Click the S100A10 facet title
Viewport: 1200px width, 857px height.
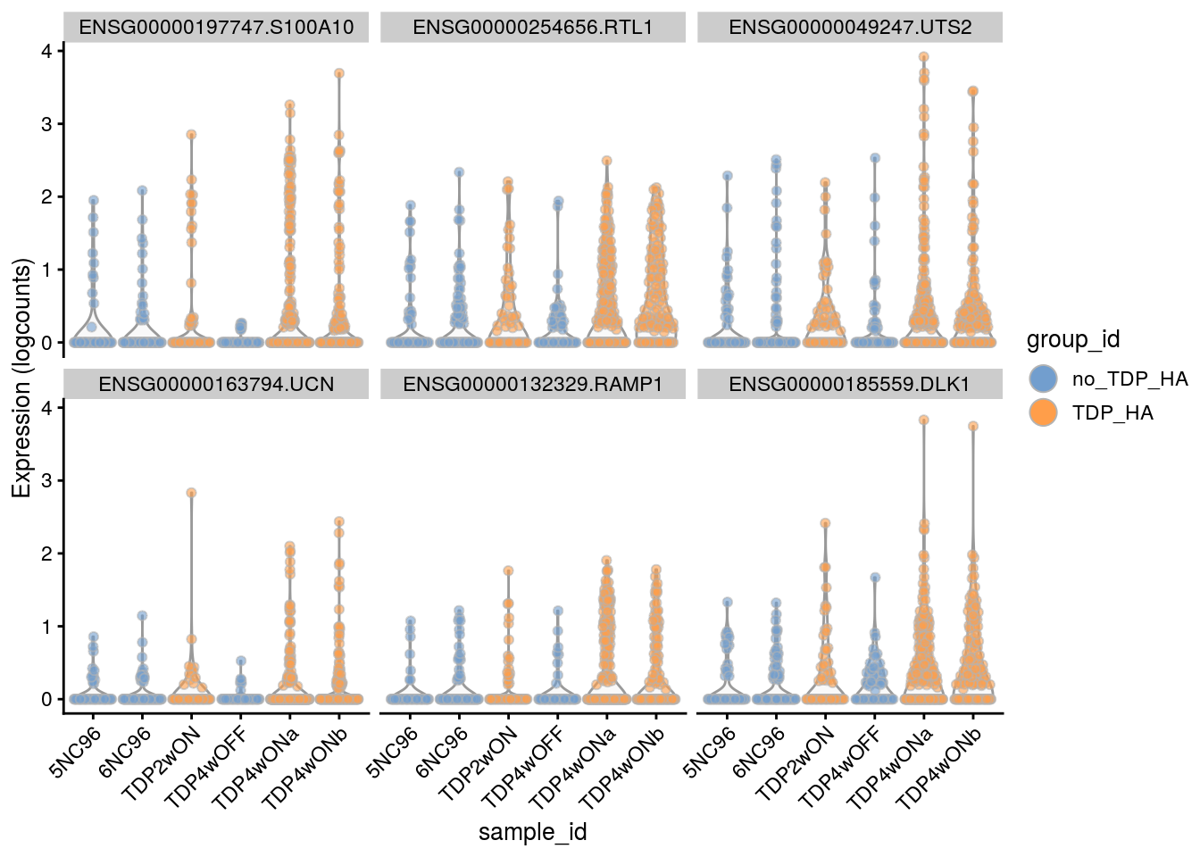click(216, 27)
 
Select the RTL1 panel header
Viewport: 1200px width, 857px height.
click(532, 27)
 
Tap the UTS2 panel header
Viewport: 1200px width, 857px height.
click(849, 27)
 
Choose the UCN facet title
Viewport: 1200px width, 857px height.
click(216, 384)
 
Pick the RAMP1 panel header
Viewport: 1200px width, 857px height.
click(532, 384)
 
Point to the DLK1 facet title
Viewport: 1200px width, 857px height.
click(849, 384)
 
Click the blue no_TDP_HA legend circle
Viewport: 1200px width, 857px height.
click(1043, 379)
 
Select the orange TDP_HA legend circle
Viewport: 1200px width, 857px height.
click(1043, 412)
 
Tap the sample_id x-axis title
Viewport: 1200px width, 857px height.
click(532, 832)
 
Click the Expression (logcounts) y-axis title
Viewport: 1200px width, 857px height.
click(21, 377)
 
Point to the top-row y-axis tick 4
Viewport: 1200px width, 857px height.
click(46, 51)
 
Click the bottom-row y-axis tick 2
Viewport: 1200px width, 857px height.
click(46, 553)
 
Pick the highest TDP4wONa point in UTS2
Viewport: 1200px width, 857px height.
click(924, 57)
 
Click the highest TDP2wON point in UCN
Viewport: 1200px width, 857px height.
click(190, 493)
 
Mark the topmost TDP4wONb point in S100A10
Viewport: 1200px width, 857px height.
click(339, 73)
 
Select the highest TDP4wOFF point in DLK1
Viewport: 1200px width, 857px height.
click(876, 578)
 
